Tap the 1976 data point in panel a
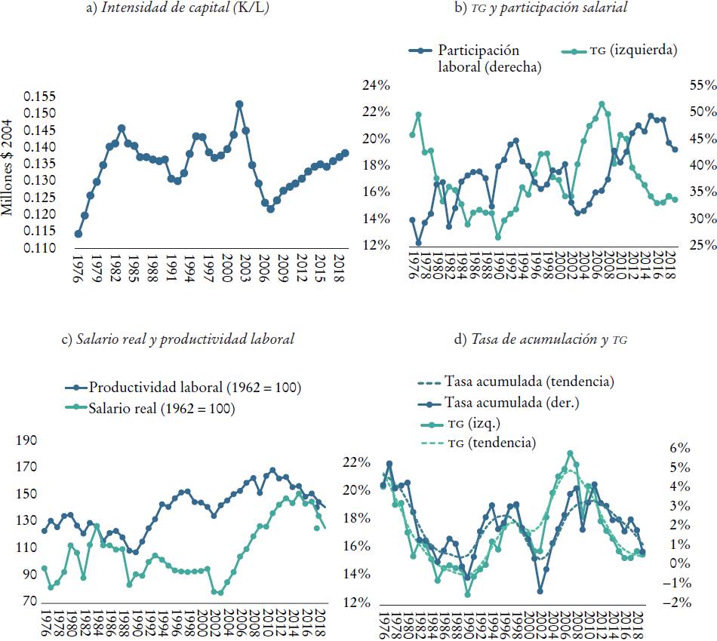pyautogui.click(x=78, y=234)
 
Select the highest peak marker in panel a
pyautogui.click(x=239, y=104)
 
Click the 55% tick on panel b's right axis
pyautogui.click(x=701, y=85)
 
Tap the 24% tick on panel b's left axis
pyautogui.click(x=376, y=85)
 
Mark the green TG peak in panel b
pyautogui.click(x=602, y=104)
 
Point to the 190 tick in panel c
pyautogui.click(x=26, y=440)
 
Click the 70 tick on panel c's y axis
pyautogui.click(x=29, y=601)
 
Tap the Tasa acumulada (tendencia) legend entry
pyautogui.click(x=528, y=382)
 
